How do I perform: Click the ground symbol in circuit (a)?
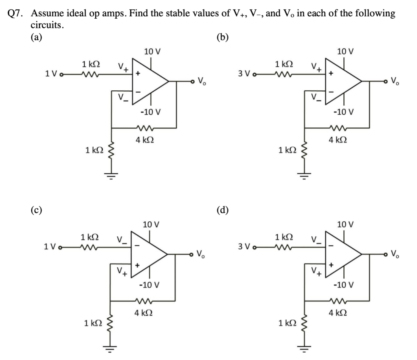(111, 176)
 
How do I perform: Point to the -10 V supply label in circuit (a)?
(151, 111)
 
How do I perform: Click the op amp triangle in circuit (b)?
(342, 81)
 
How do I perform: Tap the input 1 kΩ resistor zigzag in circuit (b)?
(284, 74)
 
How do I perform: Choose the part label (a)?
(36, 37)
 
